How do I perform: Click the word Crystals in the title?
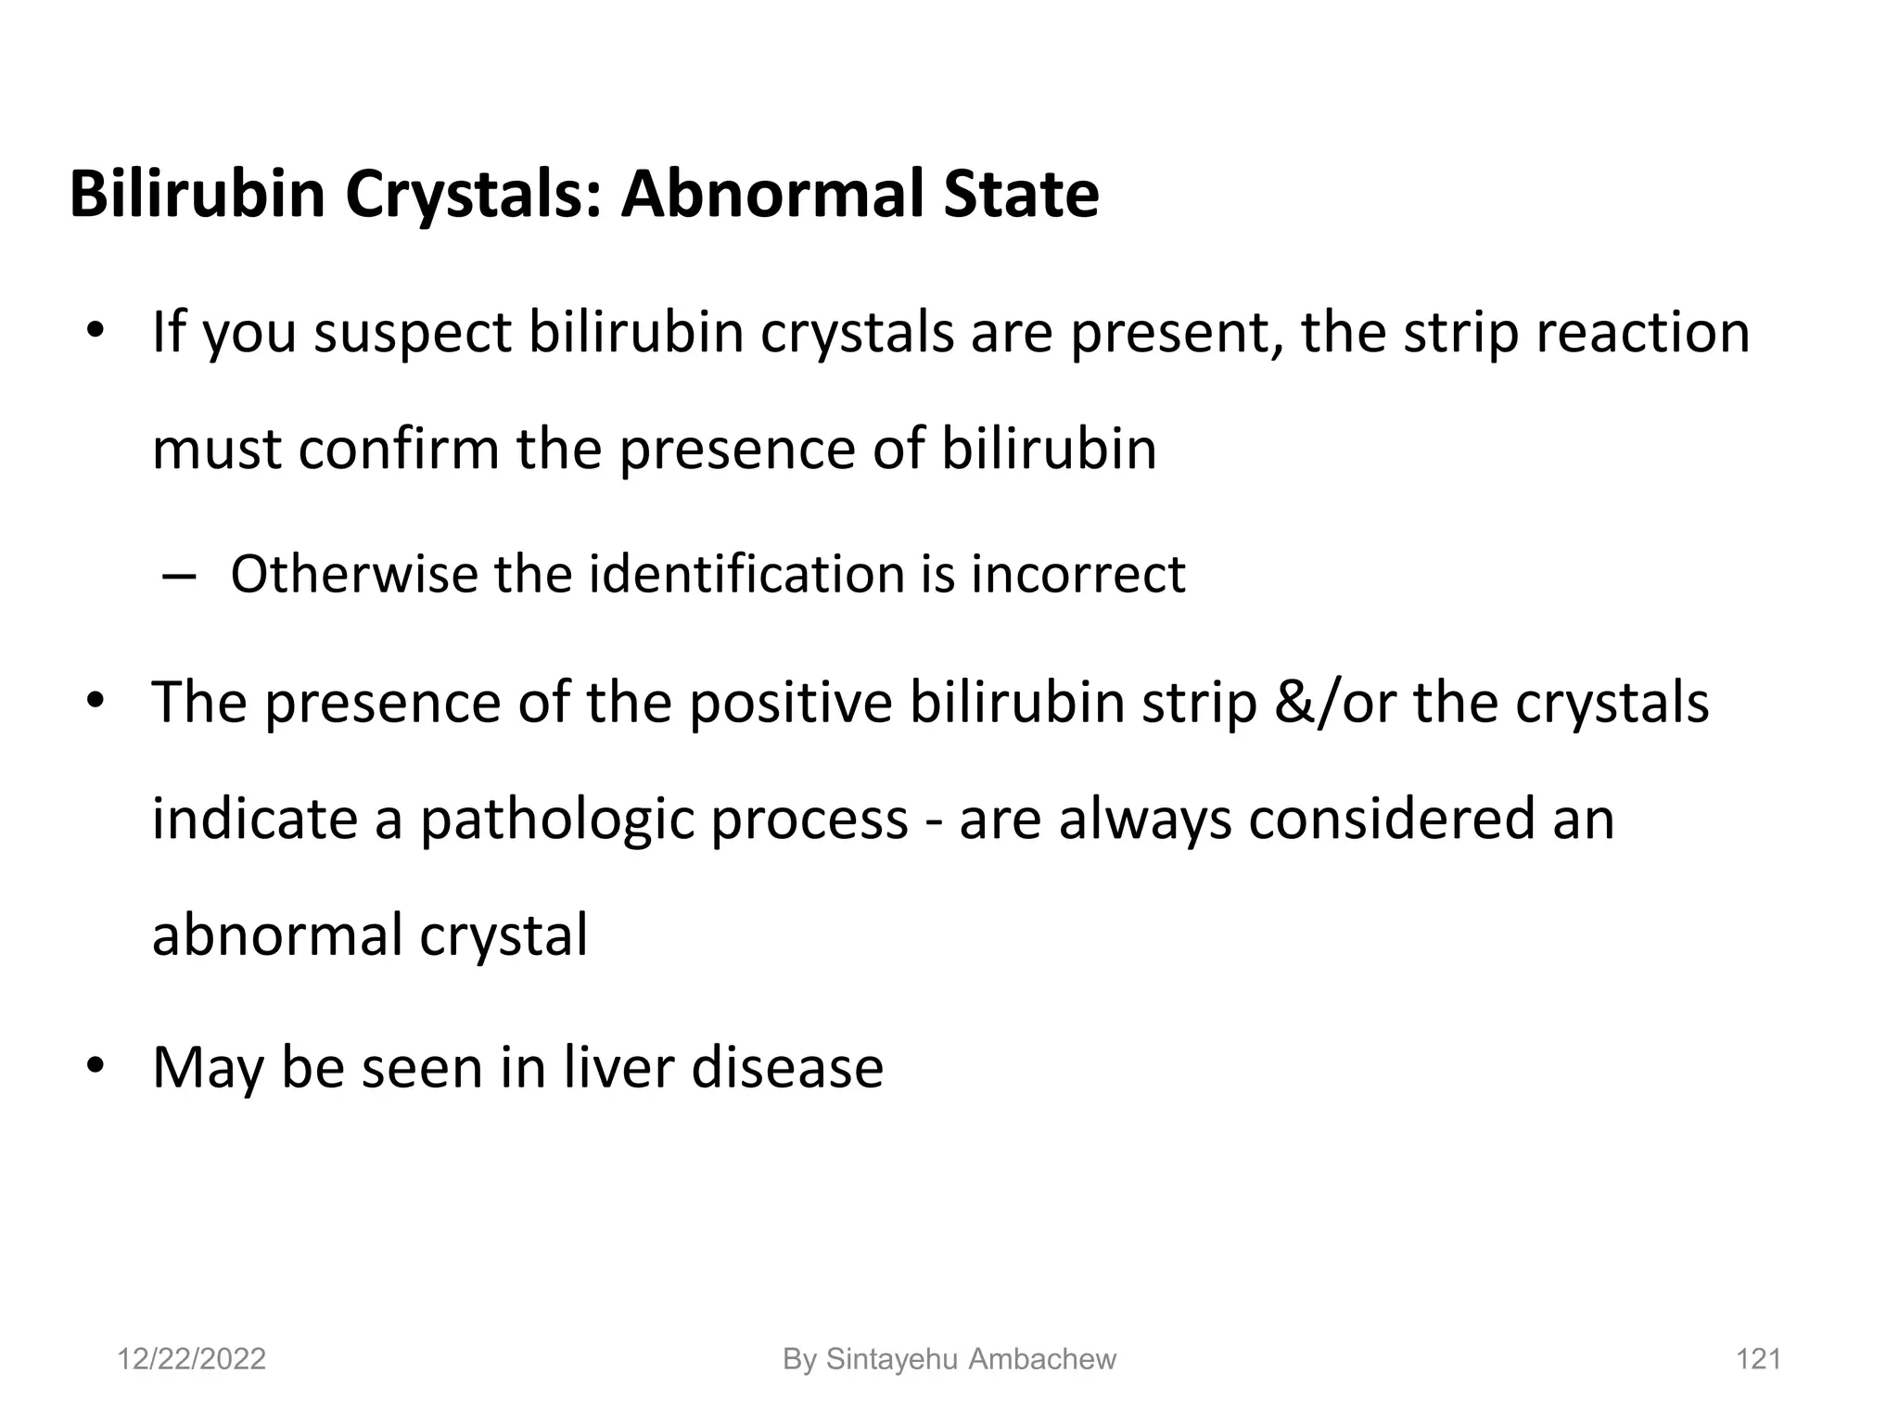472,196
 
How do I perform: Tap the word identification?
746,574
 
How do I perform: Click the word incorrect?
1078,574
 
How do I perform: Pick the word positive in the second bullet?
790,702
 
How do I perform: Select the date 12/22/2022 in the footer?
191,1359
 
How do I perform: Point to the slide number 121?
1758,1359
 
